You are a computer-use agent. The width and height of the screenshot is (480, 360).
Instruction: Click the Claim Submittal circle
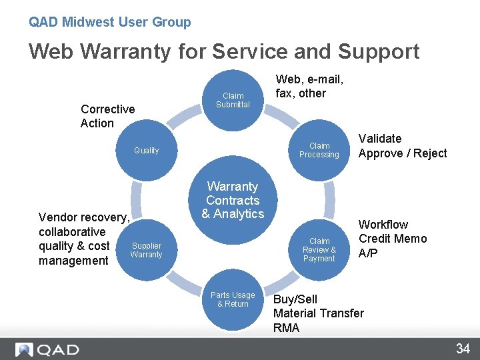coord(233,100)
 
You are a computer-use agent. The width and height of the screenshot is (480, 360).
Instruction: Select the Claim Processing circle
coord(319,150)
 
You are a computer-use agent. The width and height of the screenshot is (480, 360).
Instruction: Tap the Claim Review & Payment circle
coord(319,249)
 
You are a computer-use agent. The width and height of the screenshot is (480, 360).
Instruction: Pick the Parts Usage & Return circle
coord(233,300)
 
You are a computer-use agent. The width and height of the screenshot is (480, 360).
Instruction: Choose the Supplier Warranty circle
coord(146,249)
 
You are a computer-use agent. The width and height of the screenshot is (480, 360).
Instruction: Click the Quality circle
coord(146,150)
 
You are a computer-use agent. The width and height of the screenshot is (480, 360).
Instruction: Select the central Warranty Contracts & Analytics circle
coord(233,200)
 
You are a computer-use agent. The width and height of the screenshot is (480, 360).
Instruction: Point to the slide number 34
coord(463,349)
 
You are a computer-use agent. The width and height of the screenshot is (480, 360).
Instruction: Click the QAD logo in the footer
coord(47,349)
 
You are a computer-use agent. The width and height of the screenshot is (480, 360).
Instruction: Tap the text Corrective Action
coord(107,116)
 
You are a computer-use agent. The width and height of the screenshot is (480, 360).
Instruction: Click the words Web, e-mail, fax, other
coord(309,87)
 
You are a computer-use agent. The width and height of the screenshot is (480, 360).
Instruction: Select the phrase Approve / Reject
coord(403,153)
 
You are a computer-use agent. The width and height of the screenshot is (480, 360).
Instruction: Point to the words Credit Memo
coord(393,239)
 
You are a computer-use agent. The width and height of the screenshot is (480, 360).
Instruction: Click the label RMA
coord(287,328)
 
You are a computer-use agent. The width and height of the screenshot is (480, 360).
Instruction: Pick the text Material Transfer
coord(319,313)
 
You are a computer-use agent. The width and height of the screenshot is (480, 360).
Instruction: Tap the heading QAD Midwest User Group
coord(109,22)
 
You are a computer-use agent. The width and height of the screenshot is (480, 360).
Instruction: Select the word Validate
coord(380,139)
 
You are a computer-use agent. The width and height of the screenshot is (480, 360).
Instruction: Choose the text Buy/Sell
coord(295,299)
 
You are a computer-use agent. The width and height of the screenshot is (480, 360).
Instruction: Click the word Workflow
coord(383,225)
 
